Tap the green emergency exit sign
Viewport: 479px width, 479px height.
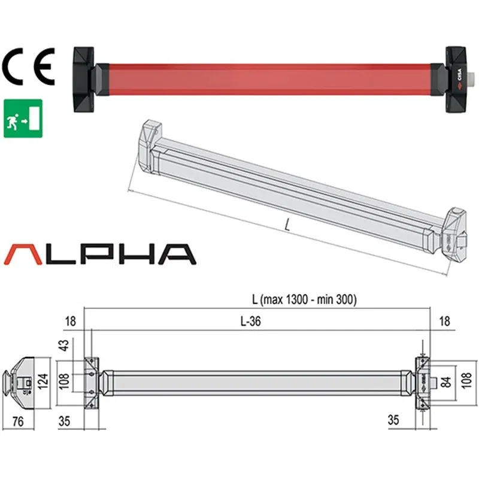tap(23, 119)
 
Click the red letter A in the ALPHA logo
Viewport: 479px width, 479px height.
tap(24, 254)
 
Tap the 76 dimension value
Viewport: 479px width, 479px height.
tap(19, 422)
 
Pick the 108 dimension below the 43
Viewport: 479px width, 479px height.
tap(63, 380)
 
